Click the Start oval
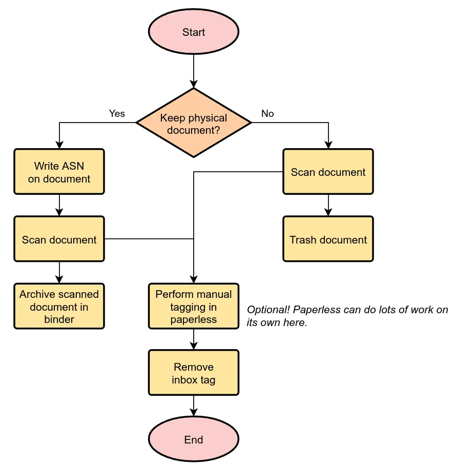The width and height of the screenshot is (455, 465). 194,32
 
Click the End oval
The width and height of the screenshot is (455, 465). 194,440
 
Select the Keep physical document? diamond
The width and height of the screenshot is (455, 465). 194,124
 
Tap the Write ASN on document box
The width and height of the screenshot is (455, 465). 59,172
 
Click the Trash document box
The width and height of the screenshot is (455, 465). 328,239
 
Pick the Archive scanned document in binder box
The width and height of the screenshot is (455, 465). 59,307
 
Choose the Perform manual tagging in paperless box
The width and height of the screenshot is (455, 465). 194,307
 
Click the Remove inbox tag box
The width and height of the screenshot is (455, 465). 194,373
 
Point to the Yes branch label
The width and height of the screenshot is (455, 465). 117,113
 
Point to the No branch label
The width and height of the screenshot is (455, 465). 267,113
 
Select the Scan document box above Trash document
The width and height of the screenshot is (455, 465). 328,172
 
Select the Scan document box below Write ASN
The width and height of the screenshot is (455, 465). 59,239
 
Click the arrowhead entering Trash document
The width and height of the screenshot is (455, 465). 328,212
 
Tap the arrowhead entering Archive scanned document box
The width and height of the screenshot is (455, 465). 59,279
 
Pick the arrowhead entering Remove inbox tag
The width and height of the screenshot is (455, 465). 194,346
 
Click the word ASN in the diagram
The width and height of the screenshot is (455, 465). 73,166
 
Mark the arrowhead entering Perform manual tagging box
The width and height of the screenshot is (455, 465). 194,279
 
